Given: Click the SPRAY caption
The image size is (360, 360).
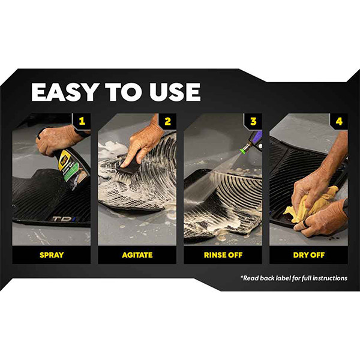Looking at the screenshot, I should (x=52, y=255).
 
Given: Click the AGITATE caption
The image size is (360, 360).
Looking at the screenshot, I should (x=137, y=255).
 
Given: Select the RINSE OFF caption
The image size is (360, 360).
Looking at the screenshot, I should (x=223, y=255).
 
